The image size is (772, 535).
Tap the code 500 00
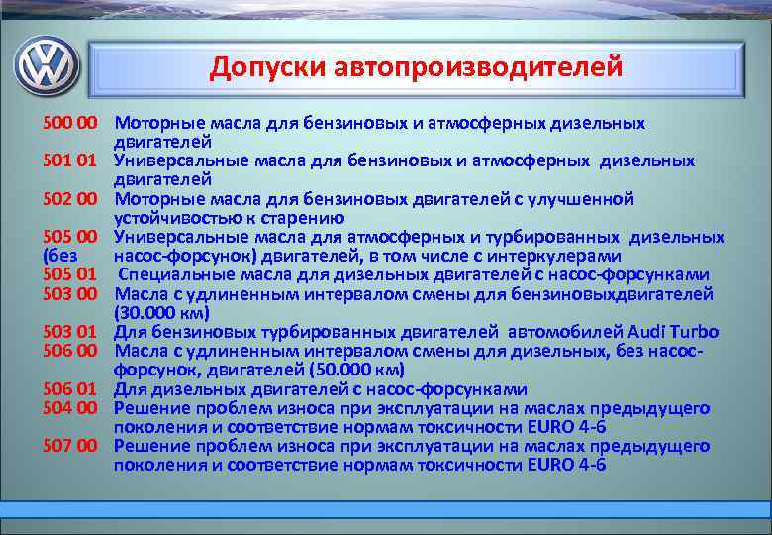69,124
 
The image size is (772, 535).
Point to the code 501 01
69,161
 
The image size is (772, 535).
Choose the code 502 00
69,199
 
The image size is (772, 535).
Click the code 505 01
69,274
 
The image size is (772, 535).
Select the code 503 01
69,332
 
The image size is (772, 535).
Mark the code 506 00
69,351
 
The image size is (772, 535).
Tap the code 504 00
69,407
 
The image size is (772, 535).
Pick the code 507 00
69,445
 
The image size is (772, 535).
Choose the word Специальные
169,274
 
